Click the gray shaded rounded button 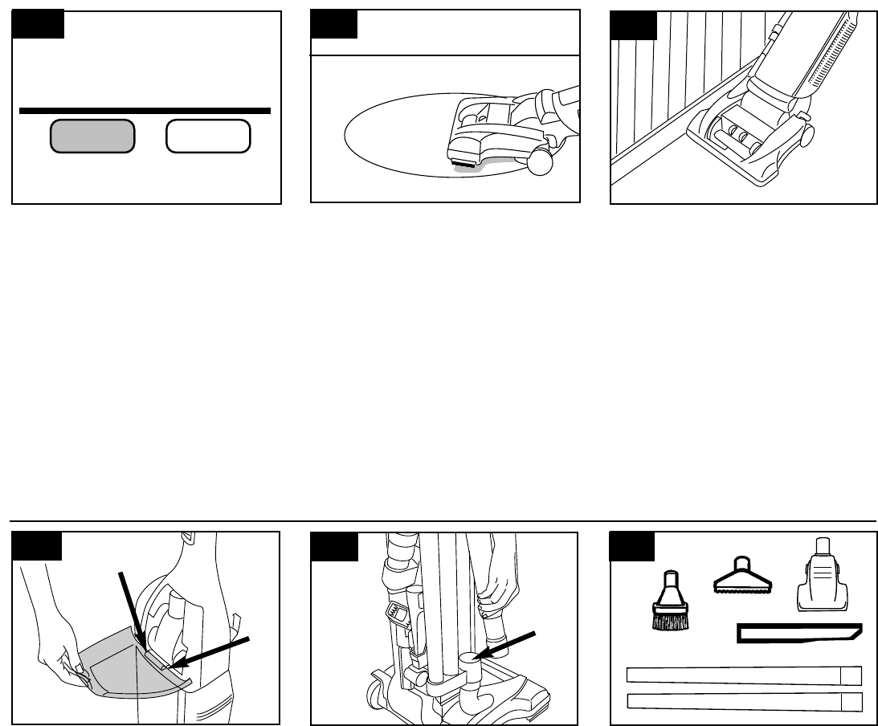tap(92, 137)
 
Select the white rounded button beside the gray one tap(208, 137)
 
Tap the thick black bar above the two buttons tap(145, 110)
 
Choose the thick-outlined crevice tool tap(799, 634)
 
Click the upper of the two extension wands tap(744, 675)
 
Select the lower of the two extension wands tap(744, 701)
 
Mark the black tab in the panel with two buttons tap(38, 26)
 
